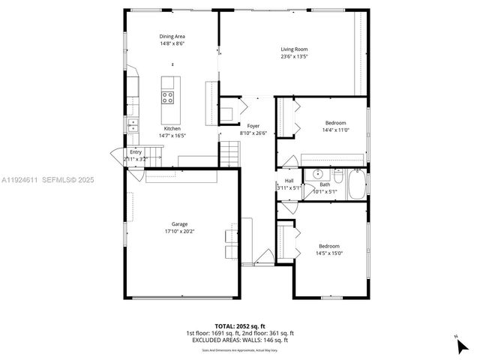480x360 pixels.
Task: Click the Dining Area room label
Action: tap(172, 36)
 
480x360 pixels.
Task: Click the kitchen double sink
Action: tap(133, 124)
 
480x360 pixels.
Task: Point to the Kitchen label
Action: tap(172, 128)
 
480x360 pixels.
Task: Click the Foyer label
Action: tap(253, 126)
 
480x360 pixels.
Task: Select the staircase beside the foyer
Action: tap(229, 154)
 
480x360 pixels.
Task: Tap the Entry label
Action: tap(135, 151)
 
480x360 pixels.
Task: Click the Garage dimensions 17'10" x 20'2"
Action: tap(179, 231)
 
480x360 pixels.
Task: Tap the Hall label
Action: tap(289, 181)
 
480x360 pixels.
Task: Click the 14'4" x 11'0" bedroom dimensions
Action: tap(335, 130)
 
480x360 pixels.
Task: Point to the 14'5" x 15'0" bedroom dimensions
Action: tap(329, 253)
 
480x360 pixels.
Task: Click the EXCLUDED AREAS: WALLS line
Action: tap(239, 340)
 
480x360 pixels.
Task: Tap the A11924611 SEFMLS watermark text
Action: tap(46, 180)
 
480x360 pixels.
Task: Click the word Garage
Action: tap(179, 223)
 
